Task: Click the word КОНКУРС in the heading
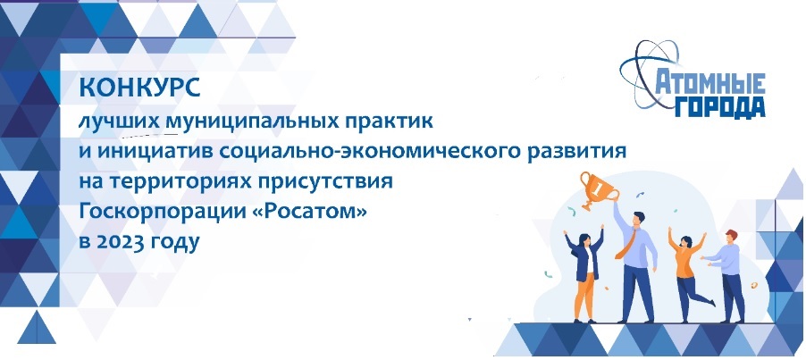point(139,88)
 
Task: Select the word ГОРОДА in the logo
point(720,107)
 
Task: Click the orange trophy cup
point(599,190)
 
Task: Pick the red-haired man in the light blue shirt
point(726,275)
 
